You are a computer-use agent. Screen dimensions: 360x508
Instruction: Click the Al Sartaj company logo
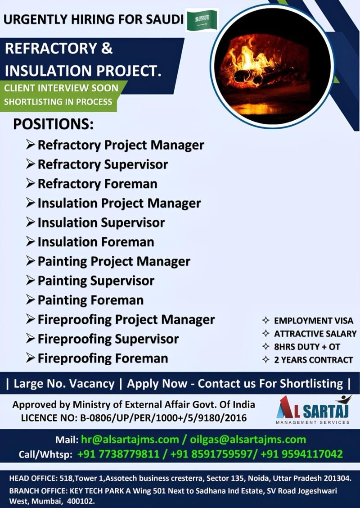click(313, 410)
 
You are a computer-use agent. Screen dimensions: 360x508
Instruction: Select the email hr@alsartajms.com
click(130, 440)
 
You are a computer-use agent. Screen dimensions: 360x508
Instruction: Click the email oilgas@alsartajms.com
click(248, 440)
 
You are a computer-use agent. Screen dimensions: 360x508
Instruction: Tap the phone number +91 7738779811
click(118, 454)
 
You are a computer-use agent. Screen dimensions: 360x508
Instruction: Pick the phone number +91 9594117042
click(301, 454)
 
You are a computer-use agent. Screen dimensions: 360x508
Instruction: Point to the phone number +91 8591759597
click(212, 454)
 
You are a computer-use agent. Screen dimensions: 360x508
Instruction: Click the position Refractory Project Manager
click(121, 145)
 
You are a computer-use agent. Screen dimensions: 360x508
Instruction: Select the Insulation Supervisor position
click(101, 222)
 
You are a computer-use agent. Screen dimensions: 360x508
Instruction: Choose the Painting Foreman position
click(90, 300)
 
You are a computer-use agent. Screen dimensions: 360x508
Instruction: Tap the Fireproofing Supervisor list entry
click(108, 339)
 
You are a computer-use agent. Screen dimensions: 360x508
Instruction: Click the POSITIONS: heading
click(53, 124)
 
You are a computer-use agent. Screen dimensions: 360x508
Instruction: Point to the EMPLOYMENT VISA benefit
click(313, 321)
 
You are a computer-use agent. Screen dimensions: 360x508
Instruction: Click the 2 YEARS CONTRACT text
click(313, 360)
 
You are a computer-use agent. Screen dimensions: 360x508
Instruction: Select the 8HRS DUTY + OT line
click(307, 347)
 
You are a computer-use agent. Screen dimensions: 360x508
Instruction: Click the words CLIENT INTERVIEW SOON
click(61, 88)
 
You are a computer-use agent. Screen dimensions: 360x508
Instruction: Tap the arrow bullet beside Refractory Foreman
click(31, 184)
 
